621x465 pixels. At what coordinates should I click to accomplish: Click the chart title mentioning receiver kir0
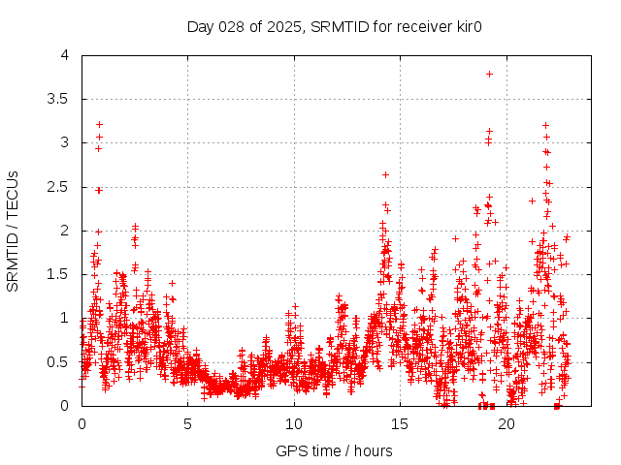(335, 26)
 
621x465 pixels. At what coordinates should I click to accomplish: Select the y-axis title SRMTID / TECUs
(13, 231)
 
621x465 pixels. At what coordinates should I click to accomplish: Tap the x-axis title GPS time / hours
(335, 450)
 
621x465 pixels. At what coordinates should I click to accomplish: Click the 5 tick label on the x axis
(187, 424)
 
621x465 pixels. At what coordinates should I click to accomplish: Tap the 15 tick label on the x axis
(400, 424)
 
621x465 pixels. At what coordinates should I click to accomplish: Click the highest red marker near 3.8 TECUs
(490, 74)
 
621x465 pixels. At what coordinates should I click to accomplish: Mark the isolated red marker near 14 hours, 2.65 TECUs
(385, 174)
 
